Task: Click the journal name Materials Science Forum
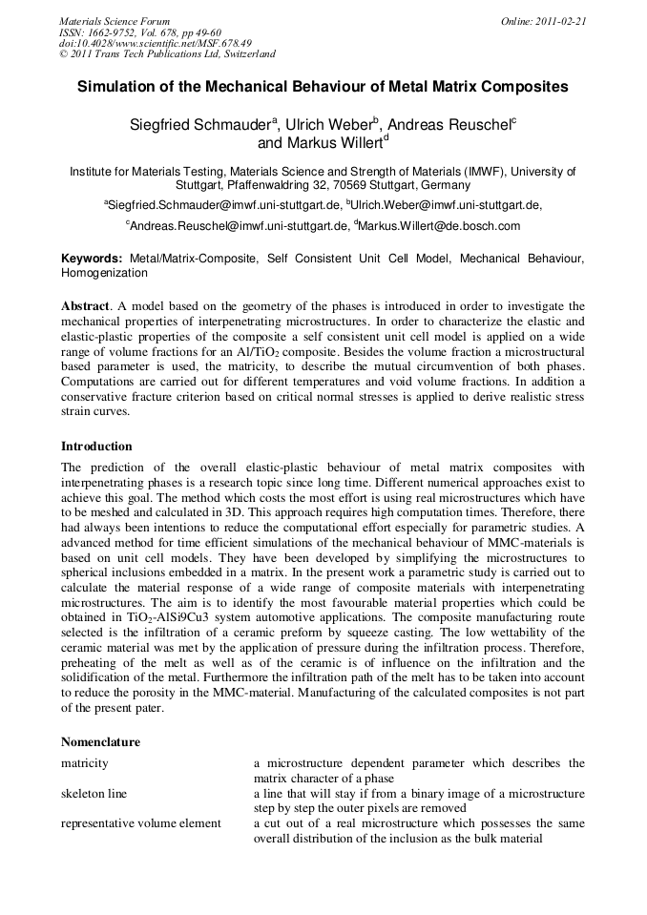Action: tap(115, 20)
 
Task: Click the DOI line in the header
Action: tap(156, 43)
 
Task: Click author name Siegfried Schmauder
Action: tap(200, 124)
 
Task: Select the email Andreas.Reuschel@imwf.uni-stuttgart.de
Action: tap(239, 226)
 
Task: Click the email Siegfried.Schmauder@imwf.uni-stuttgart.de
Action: tap(224, 204)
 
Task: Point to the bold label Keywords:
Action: tap(92, 259)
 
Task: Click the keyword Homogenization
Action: tap(104, 273)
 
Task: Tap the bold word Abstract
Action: tap(85, 305)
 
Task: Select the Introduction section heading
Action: tap(96, 446)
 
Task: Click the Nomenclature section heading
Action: tap(100, 741)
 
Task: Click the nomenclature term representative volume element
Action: tap(141, 823)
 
